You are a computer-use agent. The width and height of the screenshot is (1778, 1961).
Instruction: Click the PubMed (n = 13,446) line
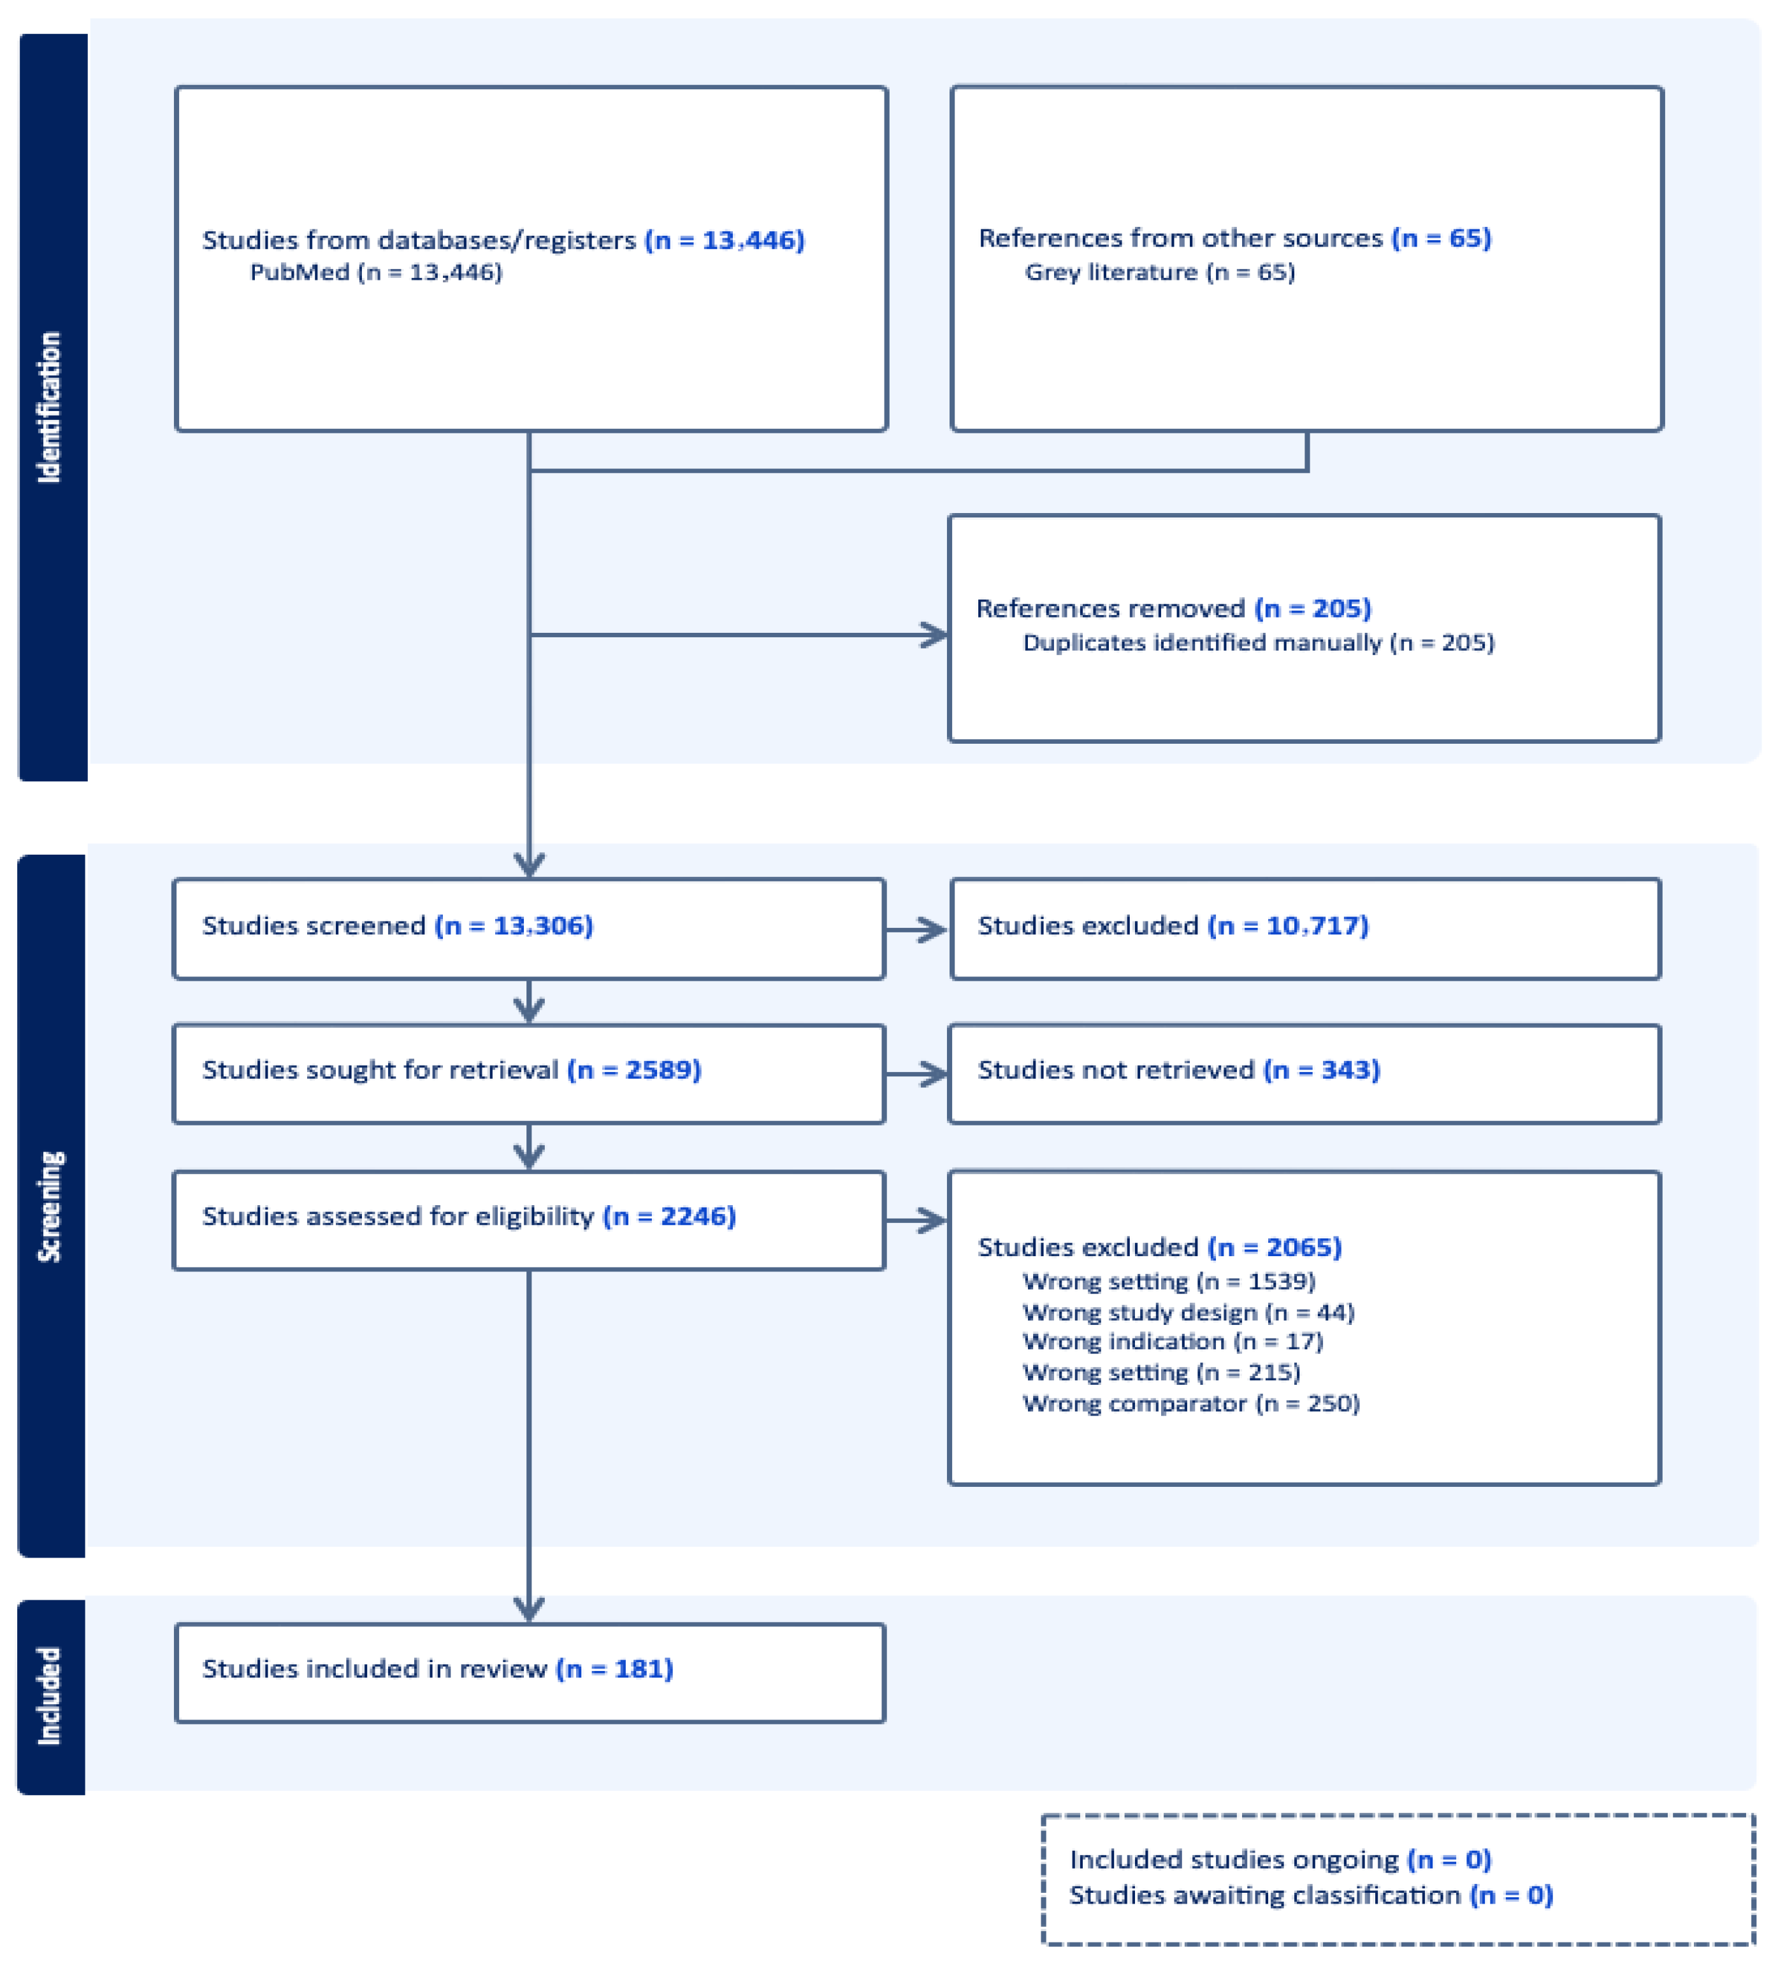coord(375,272)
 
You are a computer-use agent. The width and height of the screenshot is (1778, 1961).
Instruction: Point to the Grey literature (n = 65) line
coord(1159,272)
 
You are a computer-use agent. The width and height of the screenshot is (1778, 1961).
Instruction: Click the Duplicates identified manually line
coord(1257,643)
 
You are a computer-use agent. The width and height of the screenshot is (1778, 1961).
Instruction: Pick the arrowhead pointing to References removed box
coord(935,635)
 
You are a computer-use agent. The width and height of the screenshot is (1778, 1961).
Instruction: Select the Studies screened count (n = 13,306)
coord(514,925)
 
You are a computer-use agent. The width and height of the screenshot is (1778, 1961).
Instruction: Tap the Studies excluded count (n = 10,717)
coord(1288,925)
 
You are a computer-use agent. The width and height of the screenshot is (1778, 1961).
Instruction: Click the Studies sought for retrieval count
coord(634,1070)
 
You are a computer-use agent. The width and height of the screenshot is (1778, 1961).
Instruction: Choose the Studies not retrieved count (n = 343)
coord(1321,1070)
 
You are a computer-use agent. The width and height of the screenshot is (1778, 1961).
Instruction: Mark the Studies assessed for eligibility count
coord(669,1216)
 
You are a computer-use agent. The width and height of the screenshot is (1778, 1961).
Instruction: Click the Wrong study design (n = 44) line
coord(1188,1312)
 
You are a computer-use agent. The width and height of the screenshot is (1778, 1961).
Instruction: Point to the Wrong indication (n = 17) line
coord(1172,1342)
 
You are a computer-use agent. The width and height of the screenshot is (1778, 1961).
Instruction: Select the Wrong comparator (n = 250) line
coord(1190,1403)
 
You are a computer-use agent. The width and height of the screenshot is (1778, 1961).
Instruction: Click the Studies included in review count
coord(615,1668)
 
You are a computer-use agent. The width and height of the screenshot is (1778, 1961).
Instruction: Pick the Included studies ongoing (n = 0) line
coord(1280,1859)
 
